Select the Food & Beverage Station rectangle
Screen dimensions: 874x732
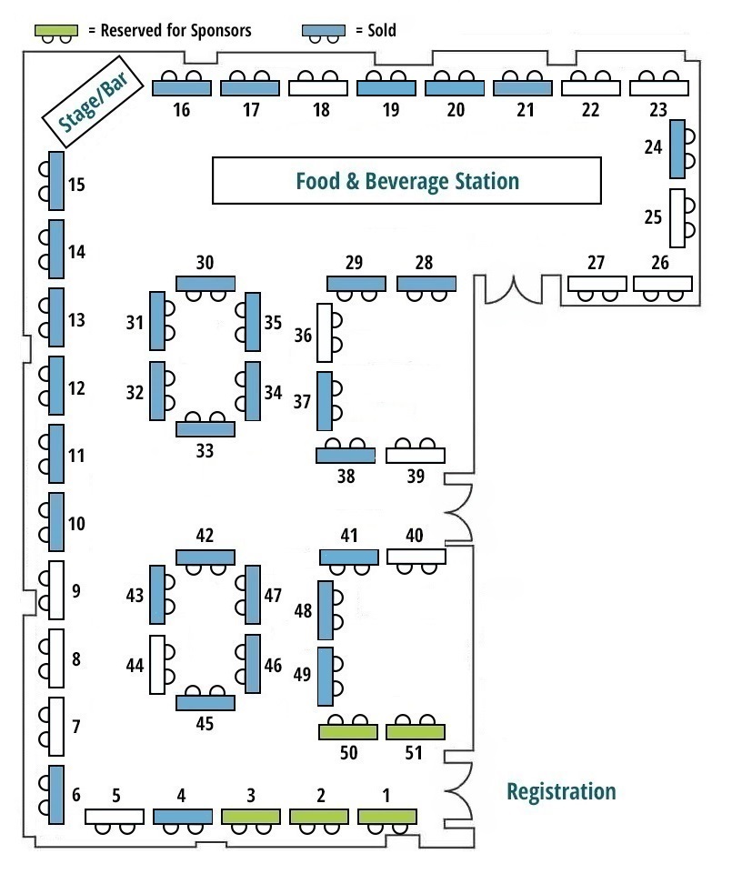[406, 180]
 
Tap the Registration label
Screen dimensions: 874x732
[560, 791]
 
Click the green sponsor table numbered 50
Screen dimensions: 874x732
[347, 731]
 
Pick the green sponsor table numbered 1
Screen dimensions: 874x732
[387, 816]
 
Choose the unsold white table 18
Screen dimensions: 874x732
[319, 88]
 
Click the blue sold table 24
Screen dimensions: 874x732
[677, 149]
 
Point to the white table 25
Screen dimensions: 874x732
[677, 217]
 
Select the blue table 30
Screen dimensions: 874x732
[206, 283]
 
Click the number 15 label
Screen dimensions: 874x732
[76, 186]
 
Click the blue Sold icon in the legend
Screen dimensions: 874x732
[324, 31]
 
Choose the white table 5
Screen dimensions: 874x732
[115, 816]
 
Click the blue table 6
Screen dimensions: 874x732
[56, 792]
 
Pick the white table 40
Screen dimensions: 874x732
[416, 557]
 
